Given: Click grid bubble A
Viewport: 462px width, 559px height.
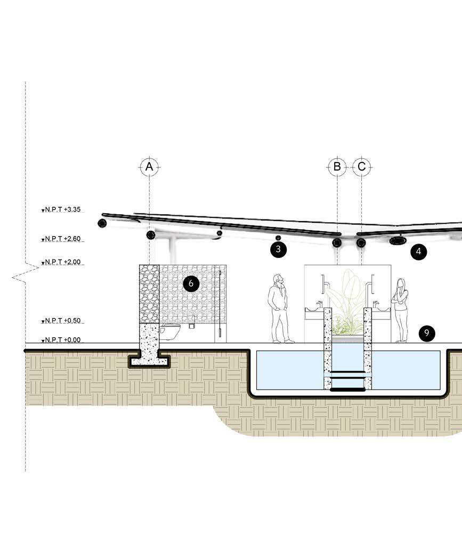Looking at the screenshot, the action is [x=149, y=167].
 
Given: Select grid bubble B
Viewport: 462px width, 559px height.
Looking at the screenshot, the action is [x=337, y=167].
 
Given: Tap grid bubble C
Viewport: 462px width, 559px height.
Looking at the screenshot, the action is [x=362, y=167].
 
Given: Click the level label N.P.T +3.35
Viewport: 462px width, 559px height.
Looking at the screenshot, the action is [x=62, y=210].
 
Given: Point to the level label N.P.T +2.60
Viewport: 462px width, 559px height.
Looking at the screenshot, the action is [x=62, y=239].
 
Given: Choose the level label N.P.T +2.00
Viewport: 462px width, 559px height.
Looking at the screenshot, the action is [x=62, y=262].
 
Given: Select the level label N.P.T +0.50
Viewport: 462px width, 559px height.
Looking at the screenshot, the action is [x=62, y=321].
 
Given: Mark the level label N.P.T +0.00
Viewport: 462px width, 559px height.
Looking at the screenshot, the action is [x=62, y=340].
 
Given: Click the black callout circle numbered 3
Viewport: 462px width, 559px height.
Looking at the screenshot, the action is [x=278, y=249].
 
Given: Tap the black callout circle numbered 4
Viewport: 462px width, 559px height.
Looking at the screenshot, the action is [x=419, y=252].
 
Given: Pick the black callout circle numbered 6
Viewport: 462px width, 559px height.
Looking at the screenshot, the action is [x=191, y=283].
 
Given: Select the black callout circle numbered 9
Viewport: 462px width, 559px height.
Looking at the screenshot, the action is [x=426, y=334].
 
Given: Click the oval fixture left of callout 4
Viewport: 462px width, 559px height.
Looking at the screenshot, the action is [x=398, y=241].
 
